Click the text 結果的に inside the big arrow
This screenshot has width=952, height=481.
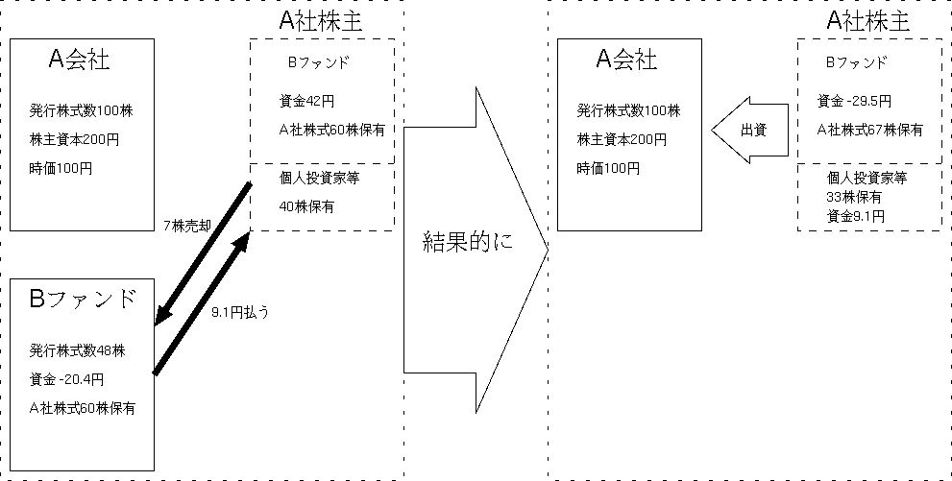click(x=468, y=241)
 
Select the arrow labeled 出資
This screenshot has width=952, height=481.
click(x=750, y=130)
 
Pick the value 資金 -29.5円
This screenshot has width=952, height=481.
click(x=854, y=100)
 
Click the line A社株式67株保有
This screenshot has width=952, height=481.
click(x=870, y=130)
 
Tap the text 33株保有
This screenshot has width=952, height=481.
click(x=854, y=197)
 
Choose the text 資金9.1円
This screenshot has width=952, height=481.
click(x=855, y=216)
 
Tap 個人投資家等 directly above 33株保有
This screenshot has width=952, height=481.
click(x=867, y=178)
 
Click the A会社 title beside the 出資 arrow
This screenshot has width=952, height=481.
click(x=627, y=60)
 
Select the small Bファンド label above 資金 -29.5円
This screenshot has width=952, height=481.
click(x=856, y=62)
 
